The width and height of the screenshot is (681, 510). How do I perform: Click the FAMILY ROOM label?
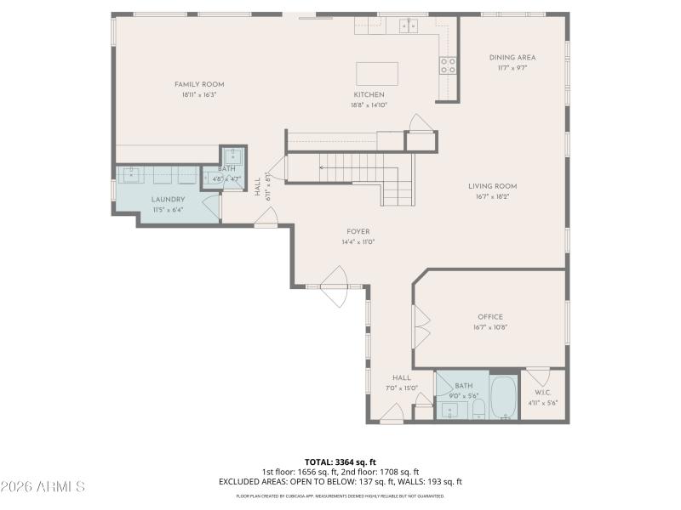pyautogui.click(x=199, y=84)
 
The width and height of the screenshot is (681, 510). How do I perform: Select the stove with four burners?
pyautogui.click(x=448, y=65)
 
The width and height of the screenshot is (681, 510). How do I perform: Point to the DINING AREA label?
pyautogui.click(x=512, y=58)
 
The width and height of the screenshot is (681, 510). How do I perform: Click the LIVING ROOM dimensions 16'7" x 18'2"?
pyautogui.click(x=492, y=196)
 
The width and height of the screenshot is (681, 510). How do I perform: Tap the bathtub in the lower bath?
pyautogui.click(x=505, y=398)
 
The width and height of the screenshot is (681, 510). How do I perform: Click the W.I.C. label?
pyautogui.click(x=543, y=393)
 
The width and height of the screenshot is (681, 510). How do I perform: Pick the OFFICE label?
pyautogui.click(x=489, y=317)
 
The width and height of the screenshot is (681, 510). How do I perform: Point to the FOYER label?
pyautogui.click(x=358, y=232)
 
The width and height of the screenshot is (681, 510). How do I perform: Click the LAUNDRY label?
pyautogui.click(x=168, y=200)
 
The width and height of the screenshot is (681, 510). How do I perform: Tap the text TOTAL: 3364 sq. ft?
pyautogui.click(x=340, y=462)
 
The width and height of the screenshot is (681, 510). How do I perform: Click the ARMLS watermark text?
pyautogui.click(x=43, y=487)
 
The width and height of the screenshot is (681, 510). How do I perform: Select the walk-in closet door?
pyautogui.click(x=536, y=375)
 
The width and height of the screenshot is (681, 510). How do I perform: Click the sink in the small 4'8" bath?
pyautogui.click(x=233, y=156)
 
